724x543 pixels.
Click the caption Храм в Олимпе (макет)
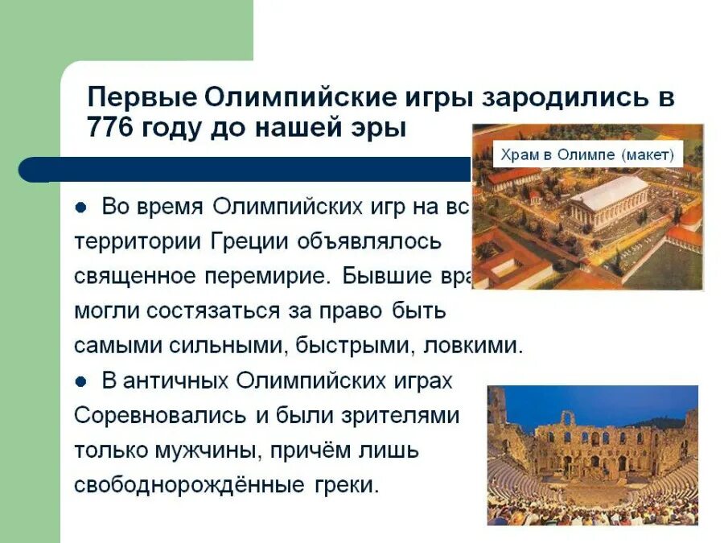588,154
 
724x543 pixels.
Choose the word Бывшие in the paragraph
386,276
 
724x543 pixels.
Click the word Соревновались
160,415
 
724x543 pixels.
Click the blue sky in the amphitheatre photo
611,400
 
